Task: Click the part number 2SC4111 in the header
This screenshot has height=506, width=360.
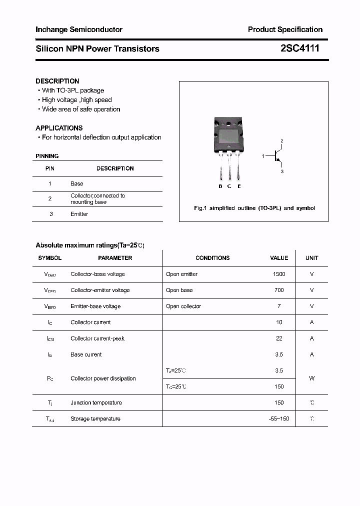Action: click(x=299, y=48)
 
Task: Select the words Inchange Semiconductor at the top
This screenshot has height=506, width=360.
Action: click(x=79, y=29)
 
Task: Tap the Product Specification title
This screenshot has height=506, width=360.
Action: click(x=285, y=29)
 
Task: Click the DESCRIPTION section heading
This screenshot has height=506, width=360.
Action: click(x=57, y=81)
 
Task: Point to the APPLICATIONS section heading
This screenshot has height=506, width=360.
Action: click(x=59, y=128)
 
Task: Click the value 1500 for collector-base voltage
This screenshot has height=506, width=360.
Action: click(x=279, y=274)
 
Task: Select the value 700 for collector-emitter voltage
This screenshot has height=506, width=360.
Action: click(x=279, y=290)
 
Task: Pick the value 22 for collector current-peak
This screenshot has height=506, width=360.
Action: click(x=279, y=338)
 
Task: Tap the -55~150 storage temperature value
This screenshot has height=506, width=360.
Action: click(x=279, y=418)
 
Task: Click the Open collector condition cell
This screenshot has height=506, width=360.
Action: click(x=183, y=306)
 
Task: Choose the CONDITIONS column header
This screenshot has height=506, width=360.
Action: click(x=212, y=258)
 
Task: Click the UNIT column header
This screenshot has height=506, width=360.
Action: click(x=312, y=258)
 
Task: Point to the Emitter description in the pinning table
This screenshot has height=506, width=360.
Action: click(x=79, y=214)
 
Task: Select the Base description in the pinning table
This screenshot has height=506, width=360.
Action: click(x=77, y=184)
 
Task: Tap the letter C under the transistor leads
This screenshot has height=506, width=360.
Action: click(x=229, y=186)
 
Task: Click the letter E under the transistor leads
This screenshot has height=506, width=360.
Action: click(x=239, y=186)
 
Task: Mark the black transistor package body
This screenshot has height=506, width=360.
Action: click(x=229, y=133)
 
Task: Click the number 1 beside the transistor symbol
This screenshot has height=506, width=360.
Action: click(x=262, y=156)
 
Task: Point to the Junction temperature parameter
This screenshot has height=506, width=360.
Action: click(x=96, y=402)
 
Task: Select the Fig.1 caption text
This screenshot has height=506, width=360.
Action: click(x=254, y=208)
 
